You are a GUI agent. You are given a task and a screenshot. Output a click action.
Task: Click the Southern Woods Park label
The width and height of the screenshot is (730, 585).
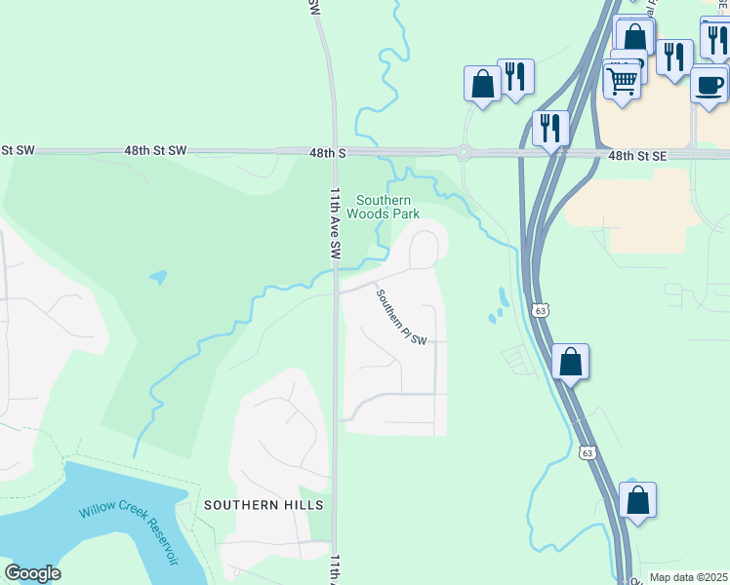[x=383, y=207]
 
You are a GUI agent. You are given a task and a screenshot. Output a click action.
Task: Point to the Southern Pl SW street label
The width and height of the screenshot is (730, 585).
[x=402, y=318]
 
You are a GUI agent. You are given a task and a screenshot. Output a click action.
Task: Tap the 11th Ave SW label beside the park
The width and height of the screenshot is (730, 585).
[x=335, y=222]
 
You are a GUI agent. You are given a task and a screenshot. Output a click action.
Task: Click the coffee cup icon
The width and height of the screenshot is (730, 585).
[x=710, y=85]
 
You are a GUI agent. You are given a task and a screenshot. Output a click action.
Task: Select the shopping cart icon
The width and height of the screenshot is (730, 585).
[x=623, y=80]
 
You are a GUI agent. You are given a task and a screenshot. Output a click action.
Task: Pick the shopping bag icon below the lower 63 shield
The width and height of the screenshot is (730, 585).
[x=637, y=501]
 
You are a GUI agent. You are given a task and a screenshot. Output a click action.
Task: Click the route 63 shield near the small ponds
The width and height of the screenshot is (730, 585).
[x=539, y=310]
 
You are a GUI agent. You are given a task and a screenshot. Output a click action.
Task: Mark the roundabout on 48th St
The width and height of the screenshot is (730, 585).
[x=463, y=152]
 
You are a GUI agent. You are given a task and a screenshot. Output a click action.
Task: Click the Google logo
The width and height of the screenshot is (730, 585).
[x=32, y=573]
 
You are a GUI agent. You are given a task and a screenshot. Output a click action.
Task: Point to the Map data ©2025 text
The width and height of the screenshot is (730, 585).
[x=688, y=577]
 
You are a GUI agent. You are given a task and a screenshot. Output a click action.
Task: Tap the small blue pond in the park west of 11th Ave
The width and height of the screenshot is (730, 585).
[x=157, y=278]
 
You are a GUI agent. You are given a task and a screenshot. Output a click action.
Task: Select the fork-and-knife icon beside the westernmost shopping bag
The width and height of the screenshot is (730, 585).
[x=515, y=76]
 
